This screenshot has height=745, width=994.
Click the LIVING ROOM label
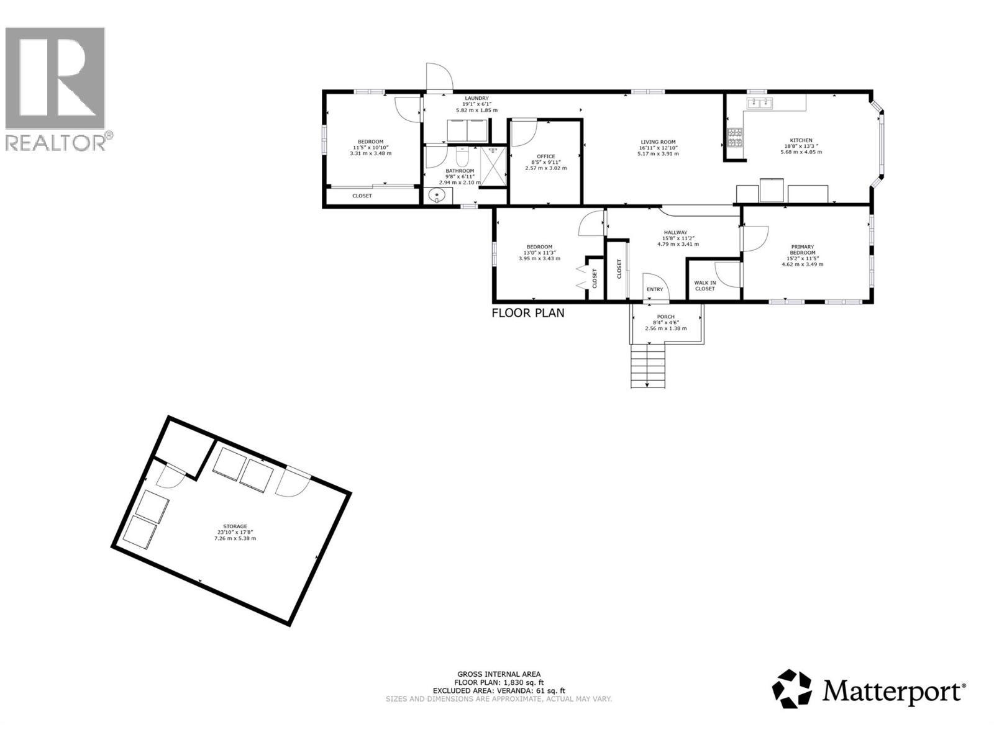click(658, 142)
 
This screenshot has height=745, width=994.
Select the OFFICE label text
click(546, 156)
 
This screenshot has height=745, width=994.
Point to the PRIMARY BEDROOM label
click(802, 250)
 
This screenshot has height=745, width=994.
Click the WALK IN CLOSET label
click(704, 286)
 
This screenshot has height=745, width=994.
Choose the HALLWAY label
click(675, 233)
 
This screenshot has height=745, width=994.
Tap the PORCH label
click(665, 317)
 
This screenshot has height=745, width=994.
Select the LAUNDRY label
click(476, 99)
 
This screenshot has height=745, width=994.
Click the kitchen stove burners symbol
click(735, 137)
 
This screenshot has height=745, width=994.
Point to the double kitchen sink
click(759, 104)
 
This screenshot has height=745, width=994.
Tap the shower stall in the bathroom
click(494, 165)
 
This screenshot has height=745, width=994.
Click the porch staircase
click(648, 366)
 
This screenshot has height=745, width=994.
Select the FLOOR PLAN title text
click(528, 313)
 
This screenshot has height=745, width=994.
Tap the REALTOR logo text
click(58, 142)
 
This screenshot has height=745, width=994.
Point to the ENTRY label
click(655, 289)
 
